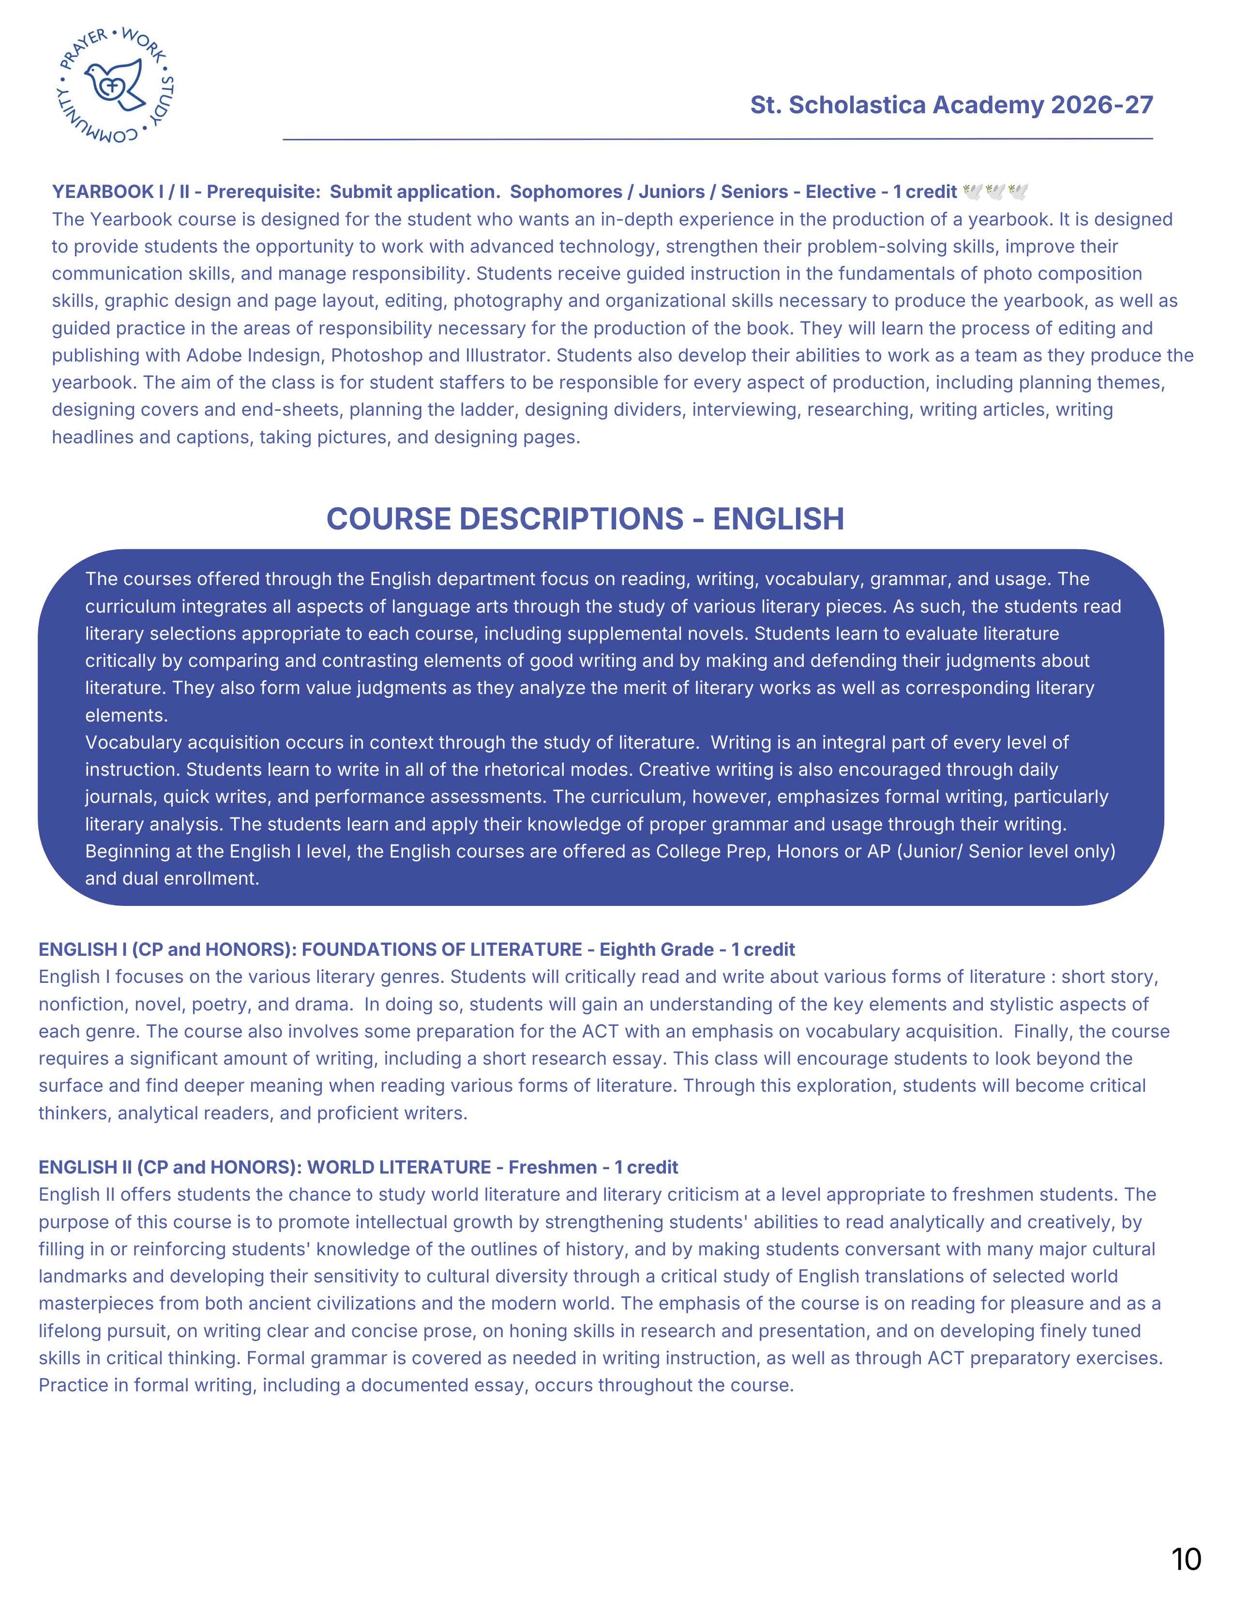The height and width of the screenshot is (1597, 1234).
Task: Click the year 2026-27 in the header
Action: click(1102, 105)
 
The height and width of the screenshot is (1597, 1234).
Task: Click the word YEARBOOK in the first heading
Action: click(102, 192)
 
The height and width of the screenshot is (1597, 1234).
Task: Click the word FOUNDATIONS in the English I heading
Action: click(368, 949)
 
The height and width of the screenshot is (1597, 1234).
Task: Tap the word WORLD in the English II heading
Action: click(339, 1167)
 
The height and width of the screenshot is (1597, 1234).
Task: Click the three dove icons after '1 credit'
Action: click(996, 192)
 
